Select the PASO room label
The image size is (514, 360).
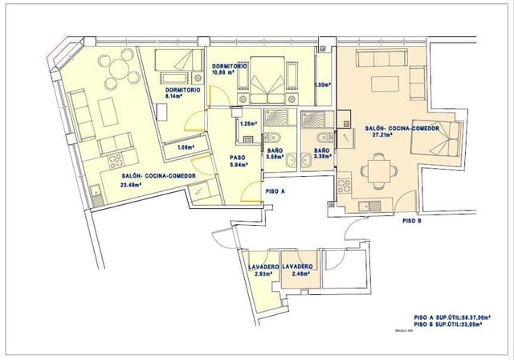[238, 157]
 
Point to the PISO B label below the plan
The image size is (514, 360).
[412, 220]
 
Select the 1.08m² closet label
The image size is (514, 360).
[185, 148]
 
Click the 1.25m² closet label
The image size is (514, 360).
[249, 124]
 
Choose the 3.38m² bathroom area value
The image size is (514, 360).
[322, 157]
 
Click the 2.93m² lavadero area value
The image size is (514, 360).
[263, 274]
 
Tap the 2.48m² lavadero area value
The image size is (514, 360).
[297, 274]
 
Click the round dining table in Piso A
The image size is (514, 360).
[122, 70]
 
